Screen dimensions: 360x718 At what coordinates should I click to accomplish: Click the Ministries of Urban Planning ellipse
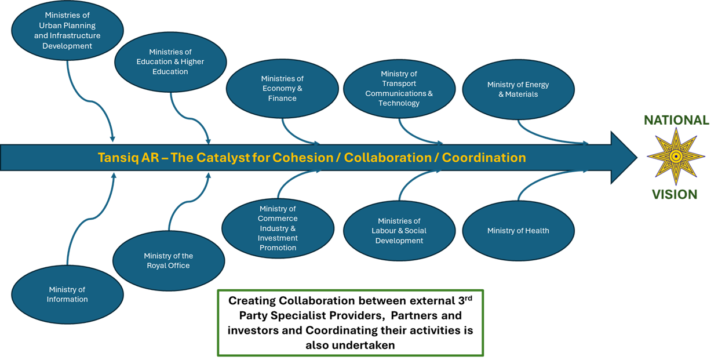[x=67, y=31]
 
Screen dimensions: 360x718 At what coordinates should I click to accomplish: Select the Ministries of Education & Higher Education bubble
[x=170, y=61]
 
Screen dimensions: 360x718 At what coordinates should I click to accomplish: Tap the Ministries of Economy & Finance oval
[x=282, y=89]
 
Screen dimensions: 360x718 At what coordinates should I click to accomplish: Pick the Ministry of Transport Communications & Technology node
[x=399, y=89]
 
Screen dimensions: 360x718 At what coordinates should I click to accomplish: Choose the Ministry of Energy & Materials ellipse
[x=518, y=89]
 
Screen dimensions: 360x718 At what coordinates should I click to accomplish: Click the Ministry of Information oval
[x=67, y=294]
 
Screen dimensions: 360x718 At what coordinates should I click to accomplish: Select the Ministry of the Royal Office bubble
[x=169, y=260]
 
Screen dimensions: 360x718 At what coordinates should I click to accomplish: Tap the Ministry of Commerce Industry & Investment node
[x=278, y=228]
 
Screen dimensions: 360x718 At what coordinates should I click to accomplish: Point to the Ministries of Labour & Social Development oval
[x=399, y=231]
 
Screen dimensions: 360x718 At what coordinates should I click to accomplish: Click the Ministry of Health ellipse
[x=518, y=231]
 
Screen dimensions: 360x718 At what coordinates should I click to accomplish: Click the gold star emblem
[x=676, y=157]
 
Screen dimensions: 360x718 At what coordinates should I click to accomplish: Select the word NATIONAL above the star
[x=676, y=121]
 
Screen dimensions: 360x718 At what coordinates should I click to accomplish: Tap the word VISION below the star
[x=675, y=195]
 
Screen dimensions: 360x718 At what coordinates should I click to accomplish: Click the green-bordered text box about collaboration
[x=350, y=322]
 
